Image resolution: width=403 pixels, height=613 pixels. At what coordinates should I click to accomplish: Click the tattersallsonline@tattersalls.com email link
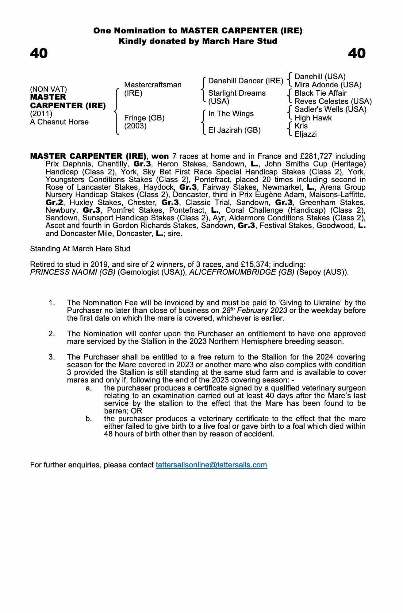click(211, 465)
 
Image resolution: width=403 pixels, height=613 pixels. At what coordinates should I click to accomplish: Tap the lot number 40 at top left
click(39, 53)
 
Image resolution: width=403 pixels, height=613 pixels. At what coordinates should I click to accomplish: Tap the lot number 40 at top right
click(357, 53)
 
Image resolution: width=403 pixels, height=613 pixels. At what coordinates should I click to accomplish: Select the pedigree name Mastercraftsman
click(153, 85)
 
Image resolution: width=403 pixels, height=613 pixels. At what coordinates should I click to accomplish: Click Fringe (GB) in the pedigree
click(144, 118)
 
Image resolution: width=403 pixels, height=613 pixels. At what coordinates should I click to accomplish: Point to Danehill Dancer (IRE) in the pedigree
click(246, 81)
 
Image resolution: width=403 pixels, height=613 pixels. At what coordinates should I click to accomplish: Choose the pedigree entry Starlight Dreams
click(237, 93)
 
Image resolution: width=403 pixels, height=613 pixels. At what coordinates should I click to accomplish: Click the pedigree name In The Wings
click(231, 114)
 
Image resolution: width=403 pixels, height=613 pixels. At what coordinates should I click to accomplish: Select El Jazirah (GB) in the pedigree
click(234, 130)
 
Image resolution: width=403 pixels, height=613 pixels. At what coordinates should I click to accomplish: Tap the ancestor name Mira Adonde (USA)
click(328, 85)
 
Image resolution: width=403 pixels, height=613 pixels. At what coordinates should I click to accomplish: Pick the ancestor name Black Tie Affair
click(320, 93)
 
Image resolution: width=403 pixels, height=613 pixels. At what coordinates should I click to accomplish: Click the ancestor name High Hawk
click(313, 118)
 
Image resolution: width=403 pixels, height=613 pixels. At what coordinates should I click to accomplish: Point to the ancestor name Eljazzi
click(305, 134)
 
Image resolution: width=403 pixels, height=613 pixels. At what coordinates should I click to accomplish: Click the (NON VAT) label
click(48, 89)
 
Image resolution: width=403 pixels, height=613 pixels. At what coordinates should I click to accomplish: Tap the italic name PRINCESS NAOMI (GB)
click(73, 272)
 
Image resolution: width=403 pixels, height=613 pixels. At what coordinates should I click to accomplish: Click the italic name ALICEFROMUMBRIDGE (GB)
click(242, 272)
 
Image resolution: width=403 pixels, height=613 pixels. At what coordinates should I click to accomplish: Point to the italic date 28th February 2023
click(255, 310)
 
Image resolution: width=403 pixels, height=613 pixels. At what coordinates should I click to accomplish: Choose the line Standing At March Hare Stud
click(80, 249)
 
